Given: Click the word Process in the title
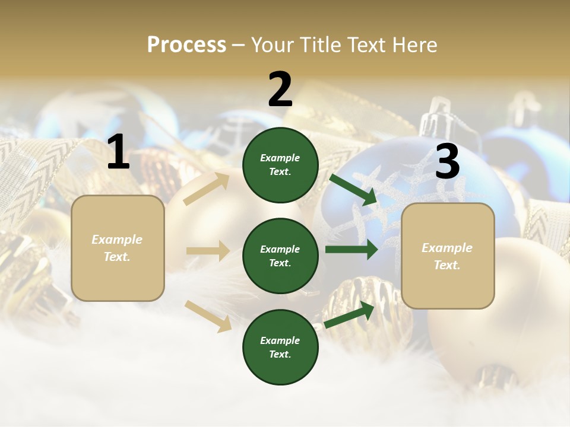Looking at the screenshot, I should [x=186, y=45].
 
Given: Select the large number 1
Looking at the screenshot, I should [x=118, y=153].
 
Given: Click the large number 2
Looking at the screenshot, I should [x=280, y=90].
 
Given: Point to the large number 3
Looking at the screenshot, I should [x=447, y=161].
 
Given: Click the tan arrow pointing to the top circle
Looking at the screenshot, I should [x=206, y=189].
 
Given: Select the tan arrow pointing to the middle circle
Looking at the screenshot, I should [x=208, y=251].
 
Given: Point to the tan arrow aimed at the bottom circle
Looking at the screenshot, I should [x=208, y=316].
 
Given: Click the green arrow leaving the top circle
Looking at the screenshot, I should [x=354, y=189].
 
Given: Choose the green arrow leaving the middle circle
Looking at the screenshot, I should [x=351, y=249].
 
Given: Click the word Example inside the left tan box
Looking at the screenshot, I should [x=117, y=240].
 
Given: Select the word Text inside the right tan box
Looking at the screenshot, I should [x=447, y=265].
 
